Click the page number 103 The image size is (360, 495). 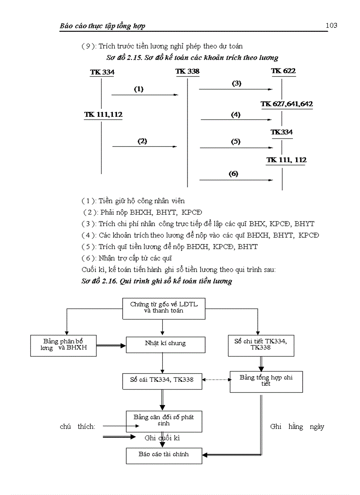coord(331,25)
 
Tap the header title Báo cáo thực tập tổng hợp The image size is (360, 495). coord(102,26)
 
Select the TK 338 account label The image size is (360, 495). coord(187,71)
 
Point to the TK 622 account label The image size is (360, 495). coord(283,71)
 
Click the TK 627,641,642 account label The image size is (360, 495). coord(286,104)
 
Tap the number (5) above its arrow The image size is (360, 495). coord(235,141)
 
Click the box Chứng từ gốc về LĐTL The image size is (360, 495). coord(164,308)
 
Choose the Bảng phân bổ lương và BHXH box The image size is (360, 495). coord(63,345)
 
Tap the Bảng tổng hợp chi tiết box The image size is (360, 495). coord(266,381)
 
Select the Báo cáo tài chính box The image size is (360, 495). coord(164,455)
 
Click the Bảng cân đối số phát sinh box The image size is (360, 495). coord(164,421)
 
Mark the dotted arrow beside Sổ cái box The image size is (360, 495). coord(216,379)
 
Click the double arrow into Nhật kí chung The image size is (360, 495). coord(111,346)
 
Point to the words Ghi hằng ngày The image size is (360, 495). coord(297,427)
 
